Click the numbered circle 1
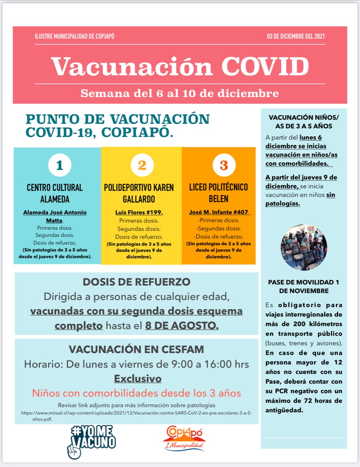pyautogui.click(x=60, y=165)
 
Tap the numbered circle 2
pyautogui.click(x=142, y=165)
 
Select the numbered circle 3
pyautogui.click(x=224, y=165)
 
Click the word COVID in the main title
pyautogui.click(x=265, y=67)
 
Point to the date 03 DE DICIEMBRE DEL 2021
pyautogui.click(x=295, y=36)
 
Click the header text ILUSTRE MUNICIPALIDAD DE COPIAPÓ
pyautogui.click(x=74, y=36)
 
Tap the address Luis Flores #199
pyautogui.click(x=139, y=212)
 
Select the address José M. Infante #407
pyautogui.click(x=219, y=212)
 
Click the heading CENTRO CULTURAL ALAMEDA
pyautogui.click(x=55, y=193)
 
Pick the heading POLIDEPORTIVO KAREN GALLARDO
pyautogui.click(x=139, y=193)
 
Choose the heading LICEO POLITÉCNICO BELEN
pyautogui.click(x=218, y=193)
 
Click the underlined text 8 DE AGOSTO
pyautogui.click(x=182, y=325)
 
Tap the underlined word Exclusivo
pyautogui.click(x=138, y=379)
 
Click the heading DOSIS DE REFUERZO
pyautogui.click(x=137, y=282)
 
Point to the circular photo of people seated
pyautogui.click(x=304, y=247)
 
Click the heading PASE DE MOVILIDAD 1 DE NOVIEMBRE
pyautogui.click(x=303, y=286)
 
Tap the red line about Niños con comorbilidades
pyautogui.click(x=137, y=393)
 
